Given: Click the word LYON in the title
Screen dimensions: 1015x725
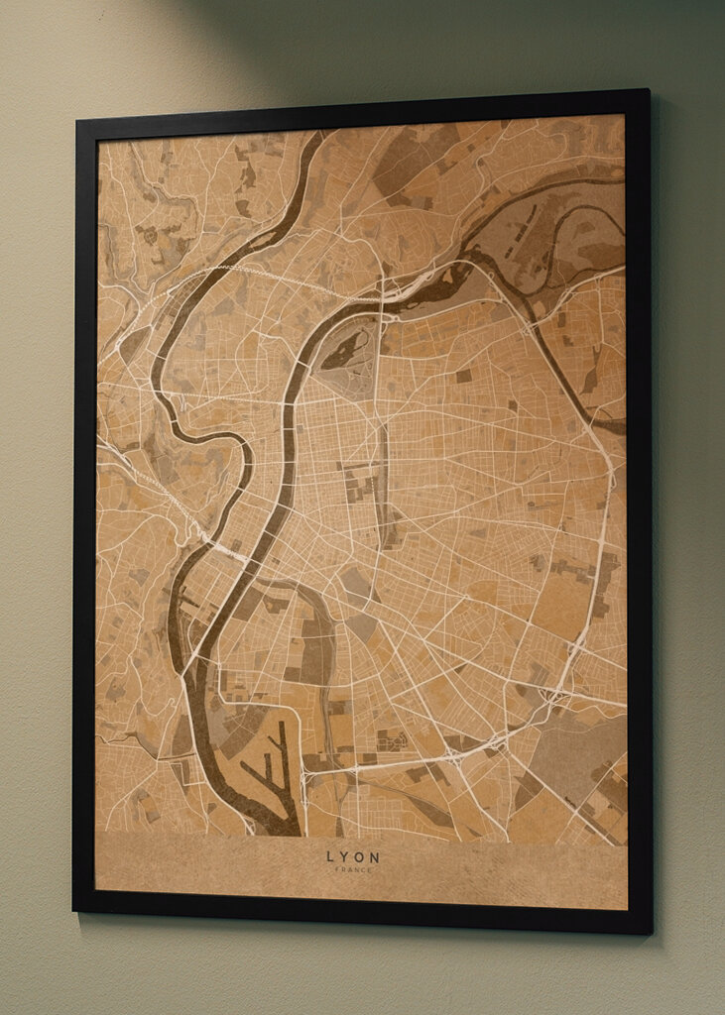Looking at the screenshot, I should (353, 857).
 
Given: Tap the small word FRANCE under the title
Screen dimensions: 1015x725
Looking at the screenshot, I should (353, 869).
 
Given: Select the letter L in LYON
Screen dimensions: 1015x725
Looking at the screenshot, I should (331, 857).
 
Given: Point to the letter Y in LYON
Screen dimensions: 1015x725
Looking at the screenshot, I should (345, 857).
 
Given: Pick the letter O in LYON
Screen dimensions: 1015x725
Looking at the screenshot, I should (360, 857).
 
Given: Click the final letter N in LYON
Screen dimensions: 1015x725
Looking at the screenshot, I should (375, 857).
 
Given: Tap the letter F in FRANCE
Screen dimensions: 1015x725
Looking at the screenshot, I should (338, 869).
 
